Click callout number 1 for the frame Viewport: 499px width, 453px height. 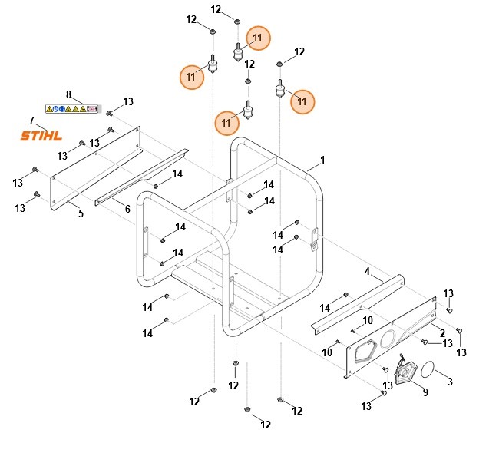(x=322, y=160)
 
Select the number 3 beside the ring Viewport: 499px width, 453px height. (x=450, y=381)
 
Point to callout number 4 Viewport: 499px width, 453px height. (x=367, y=271)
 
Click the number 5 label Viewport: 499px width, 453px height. (x=81, y=213)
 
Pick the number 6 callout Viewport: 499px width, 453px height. (x=127, y=209)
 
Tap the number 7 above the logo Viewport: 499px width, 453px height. (x=31, y=121)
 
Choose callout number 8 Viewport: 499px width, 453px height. (x=68, y=95)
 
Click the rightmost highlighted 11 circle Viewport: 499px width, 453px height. (x=302, y=101)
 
